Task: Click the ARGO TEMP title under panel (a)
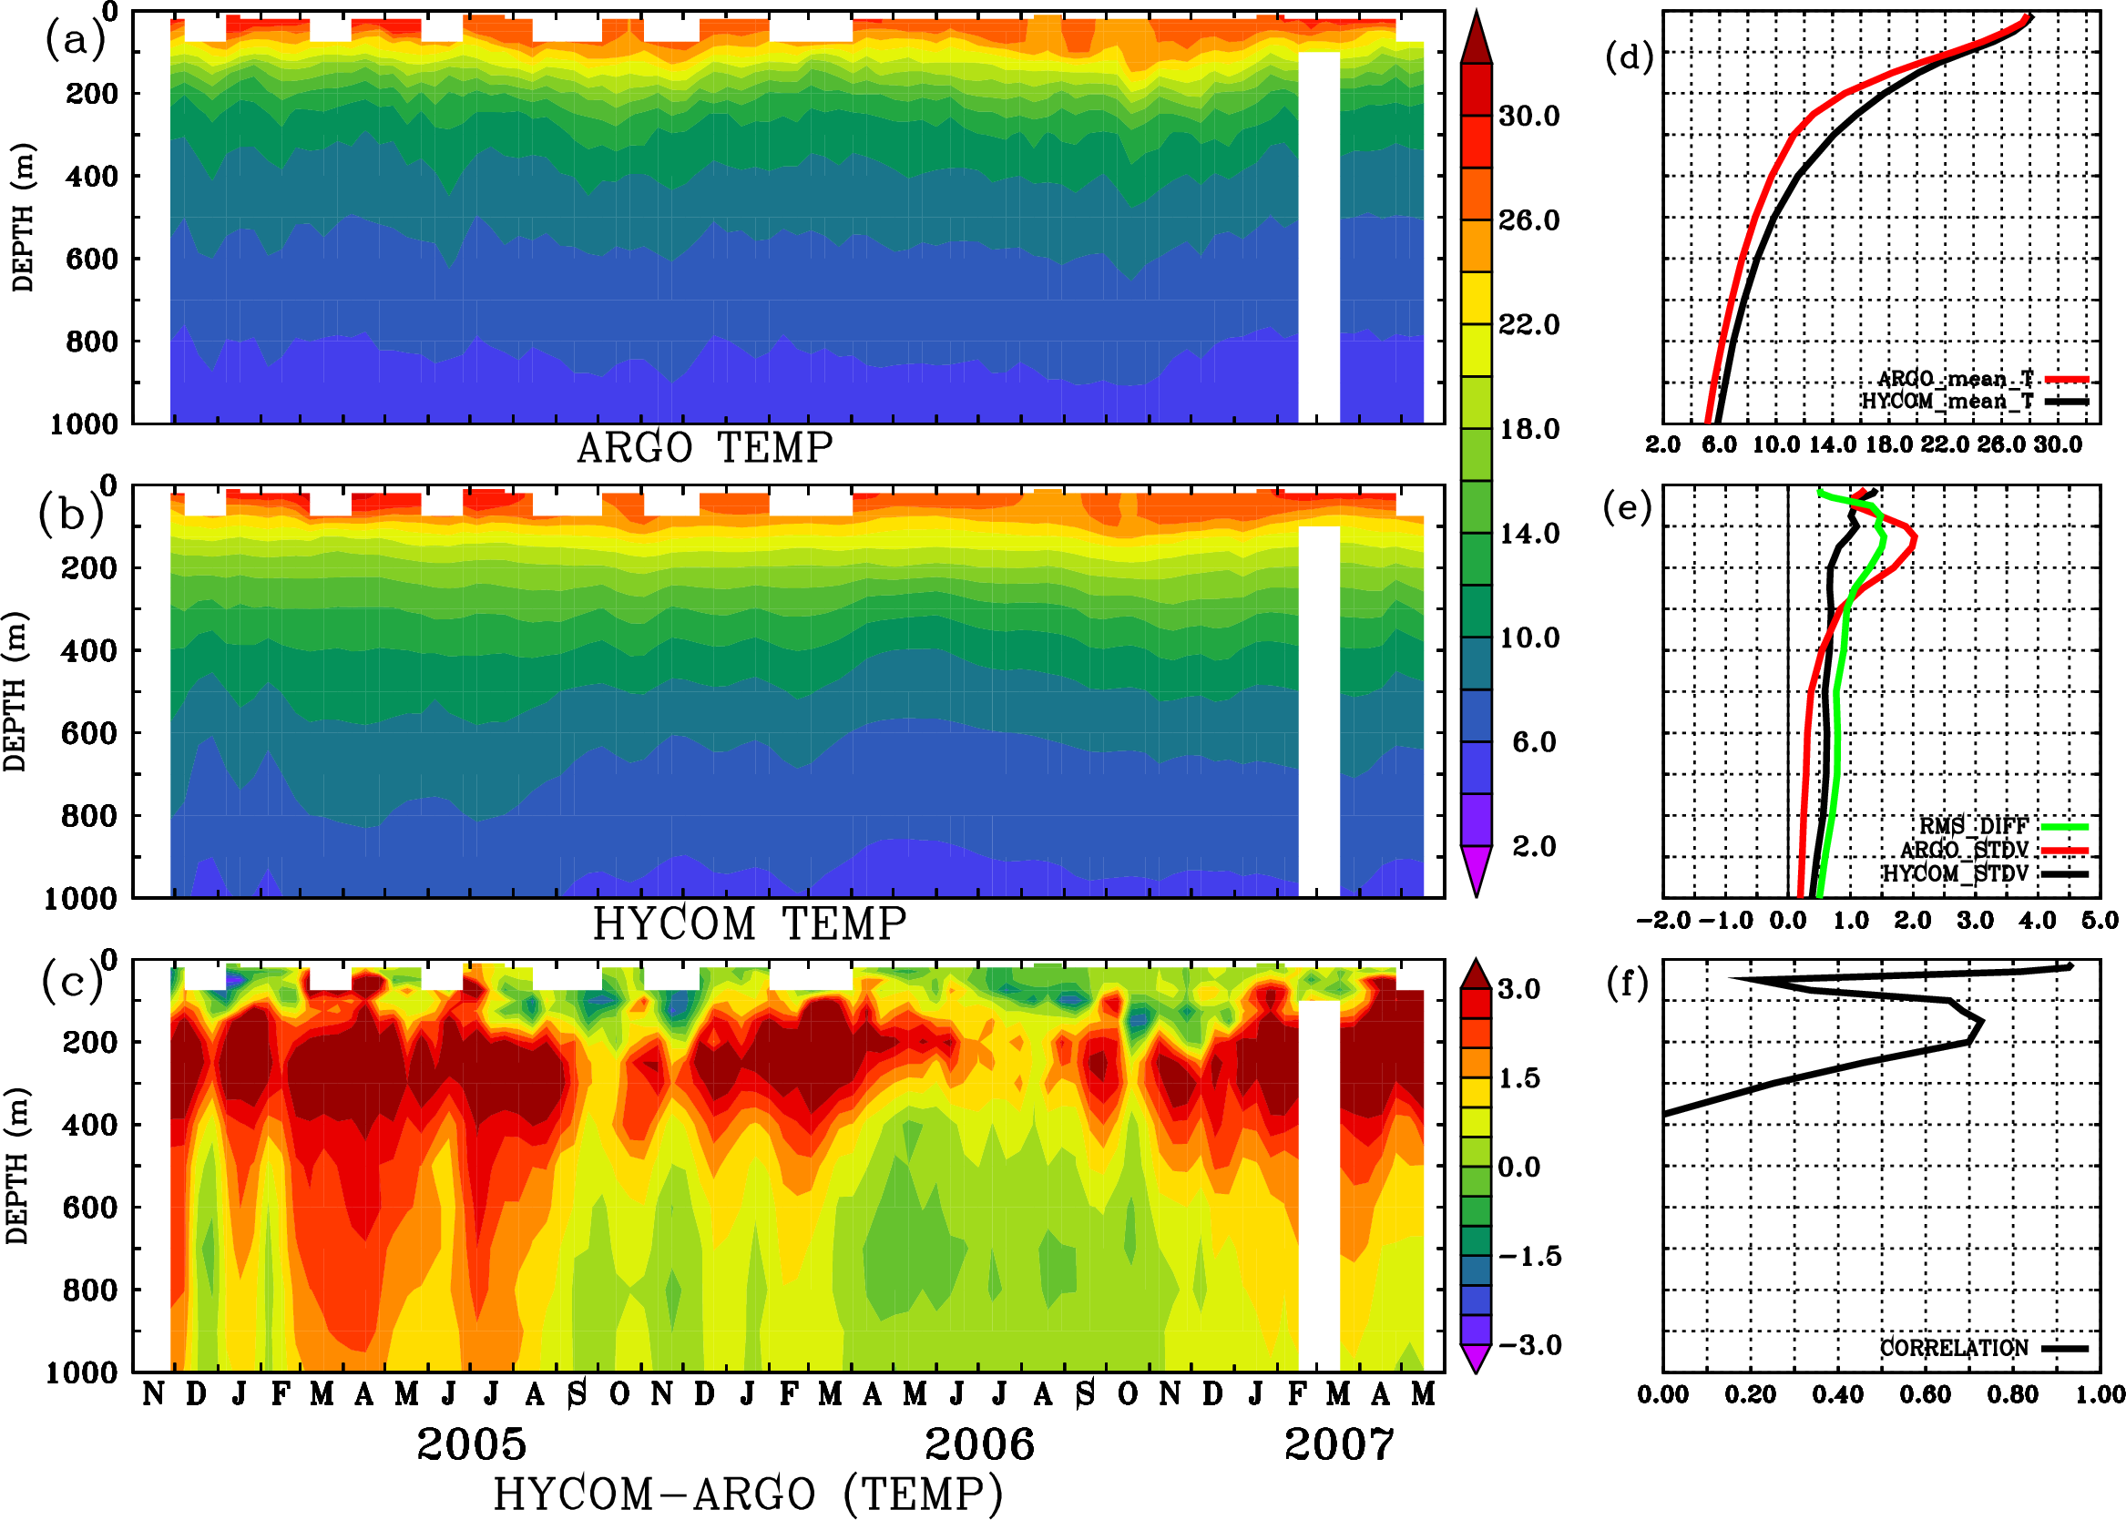(x=704, y=448)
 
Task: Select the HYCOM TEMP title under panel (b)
(x=750, y=923)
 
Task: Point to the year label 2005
(x=472, y=1444)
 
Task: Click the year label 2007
(x=1339, y=1444)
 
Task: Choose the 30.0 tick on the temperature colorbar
(x=1528, y=116)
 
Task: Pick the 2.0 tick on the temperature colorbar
(x=1534, y=846)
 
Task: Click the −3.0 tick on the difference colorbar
(x=1529, y=1345)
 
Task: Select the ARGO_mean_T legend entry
(x=1956, y=379)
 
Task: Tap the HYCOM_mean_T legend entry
(x=1947, y=402)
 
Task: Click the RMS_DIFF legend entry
(x=1973, y=825)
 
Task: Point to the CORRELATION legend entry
(x=1955, y=1348)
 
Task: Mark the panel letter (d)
(x=1630, y=58)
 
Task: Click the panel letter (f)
(x=1627, y=984)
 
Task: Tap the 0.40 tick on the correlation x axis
(x=1837, y=1394)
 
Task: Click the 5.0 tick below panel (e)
(x=2100, y=921)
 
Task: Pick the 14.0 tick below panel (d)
(x=1832, y=444)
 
